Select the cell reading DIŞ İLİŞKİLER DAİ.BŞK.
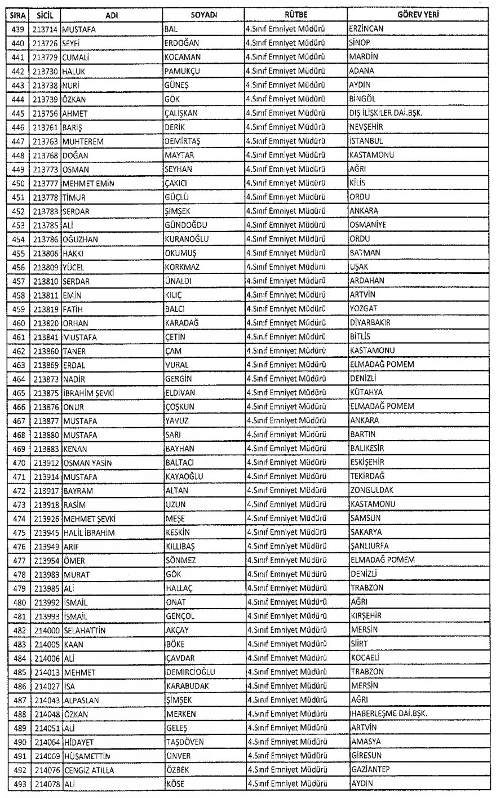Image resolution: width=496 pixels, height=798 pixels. click(x=386, y=113)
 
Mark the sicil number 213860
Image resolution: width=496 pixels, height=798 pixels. click(x=45, y=351)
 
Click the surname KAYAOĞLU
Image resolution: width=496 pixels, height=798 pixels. click(x=184, y=476)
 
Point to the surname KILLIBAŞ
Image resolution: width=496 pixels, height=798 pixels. click(x=180, y=546)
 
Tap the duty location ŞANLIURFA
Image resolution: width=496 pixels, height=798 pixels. click(x=369, y=546)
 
